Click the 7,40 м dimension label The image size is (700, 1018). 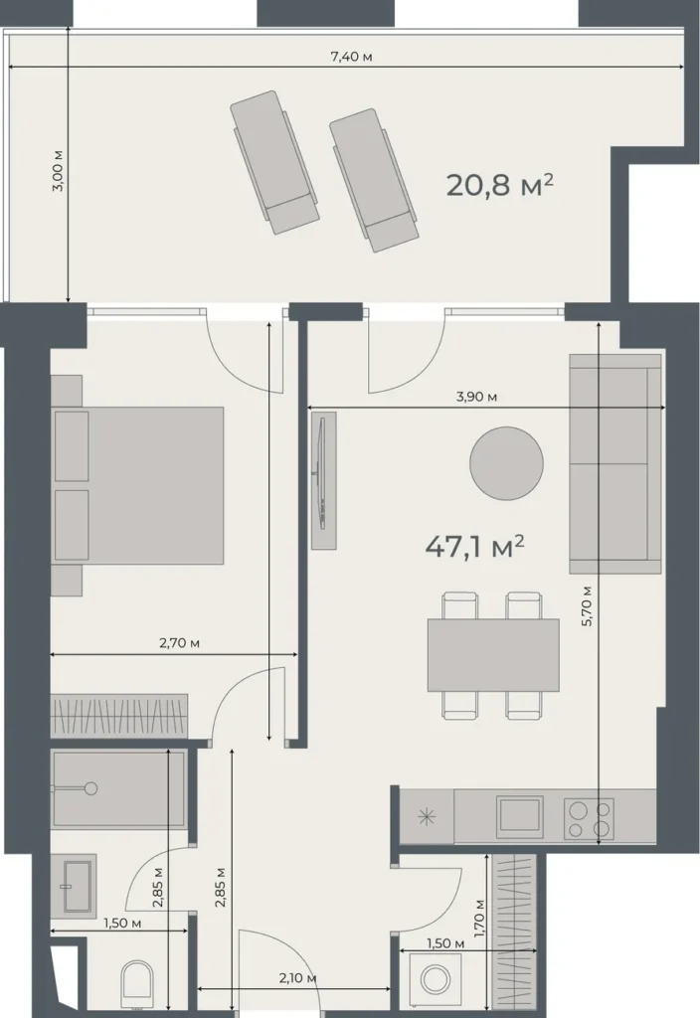pyautogui.click(x=351, y=56)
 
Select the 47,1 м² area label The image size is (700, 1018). pyautogui.click(x=474, y=546)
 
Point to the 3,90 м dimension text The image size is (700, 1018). pyautogui.click(x=476, y=397)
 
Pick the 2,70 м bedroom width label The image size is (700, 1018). pyautogui.click(x=180, y=643)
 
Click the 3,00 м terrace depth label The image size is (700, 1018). pyautogui.click(x=58, y=171)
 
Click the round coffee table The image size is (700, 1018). pyautogui.click(x=506, y=462)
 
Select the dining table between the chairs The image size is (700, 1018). pyautogui.click(x=493, y=654)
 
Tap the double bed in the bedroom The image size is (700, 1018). pyautogui.click(x=139, y=485)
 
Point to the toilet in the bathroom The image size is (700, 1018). pyautogui.click(x=135, y=984)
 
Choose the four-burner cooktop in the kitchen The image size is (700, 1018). pyautogui.click(x=588, y=817)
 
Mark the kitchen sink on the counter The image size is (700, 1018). pyautogui.click(x=519, y=817)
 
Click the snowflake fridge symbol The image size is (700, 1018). pyautogui.click(x=427, y=818)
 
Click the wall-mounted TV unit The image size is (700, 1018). pyautogui.click(x=324, y=481)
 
